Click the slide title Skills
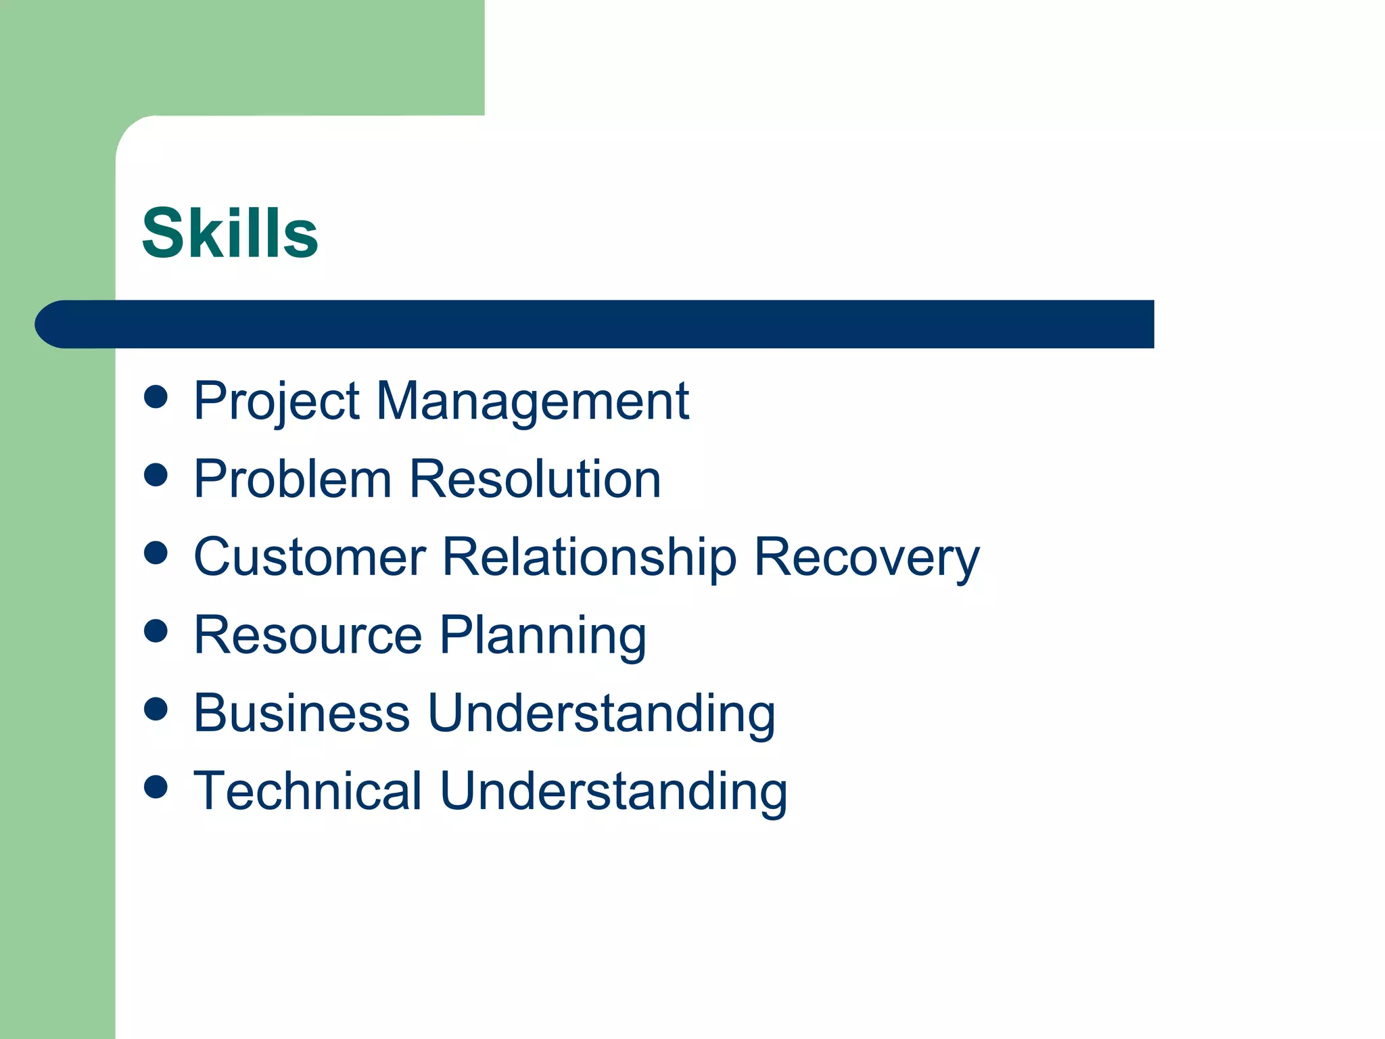(x=230, y=233)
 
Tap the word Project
(x=276, y=402)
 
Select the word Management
(x=532, y=402)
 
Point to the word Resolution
(x=535, y=479)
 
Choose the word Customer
(x=309, y=557)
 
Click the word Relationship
(x=588, y=557)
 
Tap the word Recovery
(x=866, y=557)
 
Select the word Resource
(x=308, y=635)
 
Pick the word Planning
(x=543, y=635)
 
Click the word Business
(x=302, y=713)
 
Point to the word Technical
(x=308, y=791)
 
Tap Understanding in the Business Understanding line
(x=601, y=713)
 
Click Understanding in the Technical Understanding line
(x=613, y=791)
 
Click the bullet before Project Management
(x=156, y=397)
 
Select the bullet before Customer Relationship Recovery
(x=156, y=553)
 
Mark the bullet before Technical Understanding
(x=156, y=787)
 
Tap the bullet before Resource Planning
(x=156, y=631)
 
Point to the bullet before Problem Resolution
(x=156, y=475)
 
